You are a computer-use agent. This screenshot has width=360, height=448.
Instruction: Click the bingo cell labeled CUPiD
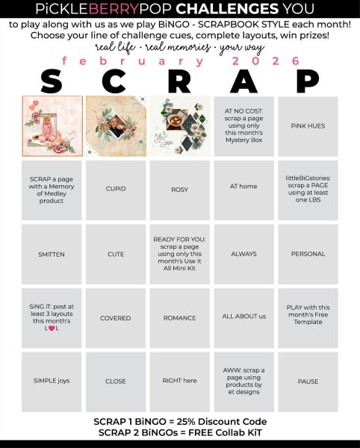pos(116,189)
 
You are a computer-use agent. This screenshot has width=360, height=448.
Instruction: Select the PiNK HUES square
pos(308,125)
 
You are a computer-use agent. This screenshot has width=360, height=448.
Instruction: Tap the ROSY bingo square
pos(179,190)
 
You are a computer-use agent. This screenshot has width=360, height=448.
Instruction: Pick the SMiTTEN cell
pos(52,254)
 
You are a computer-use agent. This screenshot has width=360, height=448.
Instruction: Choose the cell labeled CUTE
pos(116,254)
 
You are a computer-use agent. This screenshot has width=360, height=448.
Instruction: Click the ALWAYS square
pos(243,254)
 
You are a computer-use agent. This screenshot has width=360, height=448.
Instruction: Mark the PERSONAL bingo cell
pos(308,254)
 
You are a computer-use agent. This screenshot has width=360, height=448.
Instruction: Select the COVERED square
pos(116,318)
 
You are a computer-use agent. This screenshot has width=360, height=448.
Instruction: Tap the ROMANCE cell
pos(179,318)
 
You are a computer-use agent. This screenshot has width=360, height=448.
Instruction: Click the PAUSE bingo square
pos(308,382)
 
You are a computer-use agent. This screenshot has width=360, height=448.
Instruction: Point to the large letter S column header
pos(51,81)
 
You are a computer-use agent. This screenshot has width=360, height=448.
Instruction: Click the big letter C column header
pos(115,81)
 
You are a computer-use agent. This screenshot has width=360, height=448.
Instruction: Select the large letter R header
pos(179,81)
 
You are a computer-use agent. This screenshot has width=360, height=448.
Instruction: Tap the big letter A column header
pos(243,81)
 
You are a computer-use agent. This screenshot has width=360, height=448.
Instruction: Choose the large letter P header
pos(308,81)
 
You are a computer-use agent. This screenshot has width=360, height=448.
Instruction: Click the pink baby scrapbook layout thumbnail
pos(52,125)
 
